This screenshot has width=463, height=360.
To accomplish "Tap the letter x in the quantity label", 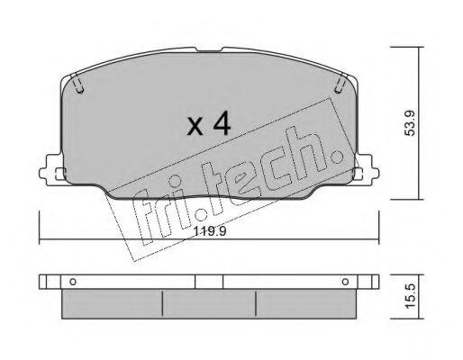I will pyautogui.click(x=194, y=126).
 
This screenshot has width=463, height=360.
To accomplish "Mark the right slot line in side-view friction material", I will pyautogui.click(x=257, y=305).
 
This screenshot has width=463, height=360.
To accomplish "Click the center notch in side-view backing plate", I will pyautogui.click(x=208, y=280).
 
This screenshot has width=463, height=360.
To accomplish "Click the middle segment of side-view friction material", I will pyautogui.click(x=208, y=306).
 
